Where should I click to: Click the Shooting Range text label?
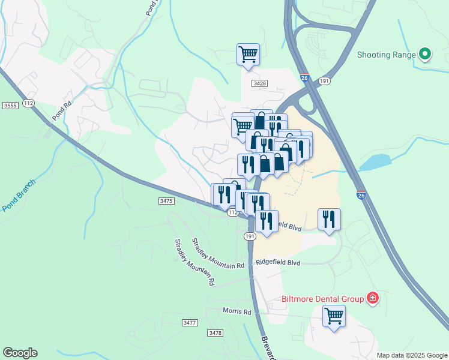[x=387, y=55]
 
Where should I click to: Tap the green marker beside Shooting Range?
[x=425, y=55]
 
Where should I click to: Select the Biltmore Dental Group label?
[x=323, y=299]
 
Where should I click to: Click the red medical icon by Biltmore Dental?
[x=373, y=298]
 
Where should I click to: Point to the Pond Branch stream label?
[x=19, y=196]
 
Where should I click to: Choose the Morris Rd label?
[x=237, y=311]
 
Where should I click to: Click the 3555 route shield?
[x=10, y=106]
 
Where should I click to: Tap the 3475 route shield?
[x=167, y=201]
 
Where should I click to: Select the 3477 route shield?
[x=190, y=323]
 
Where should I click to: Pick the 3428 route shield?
[x=260, y=83]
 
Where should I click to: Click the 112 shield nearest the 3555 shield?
[x=28, y=103]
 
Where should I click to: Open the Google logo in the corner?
[x=20, y=353]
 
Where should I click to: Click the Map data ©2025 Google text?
[x=412, y=355]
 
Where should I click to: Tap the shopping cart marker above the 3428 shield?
[x=248, y=55]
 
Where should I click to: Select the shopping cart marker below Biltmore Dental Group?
[x=334, y=316]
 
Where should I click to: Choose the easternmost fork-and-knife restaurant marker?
[x=328, y=219]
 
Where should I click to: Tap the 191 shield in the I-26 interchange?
[x=325, y=80]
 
